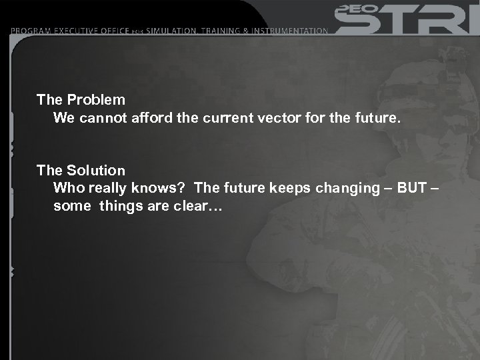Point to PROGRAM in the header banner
click(x=34, y=31)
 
